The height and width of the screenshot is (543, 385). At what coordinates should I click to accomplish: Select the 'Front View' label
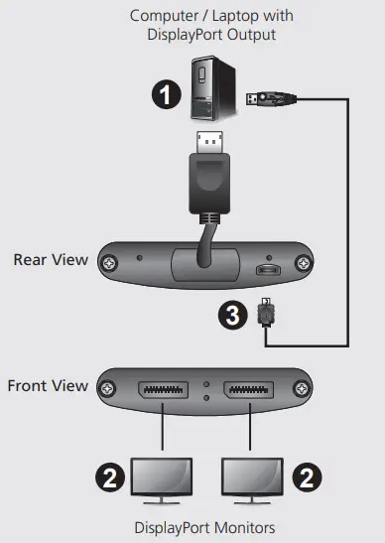[48, 385]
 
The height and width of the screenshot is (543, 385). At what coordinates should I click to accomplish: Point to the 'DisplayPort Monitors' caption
[203, 527]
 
